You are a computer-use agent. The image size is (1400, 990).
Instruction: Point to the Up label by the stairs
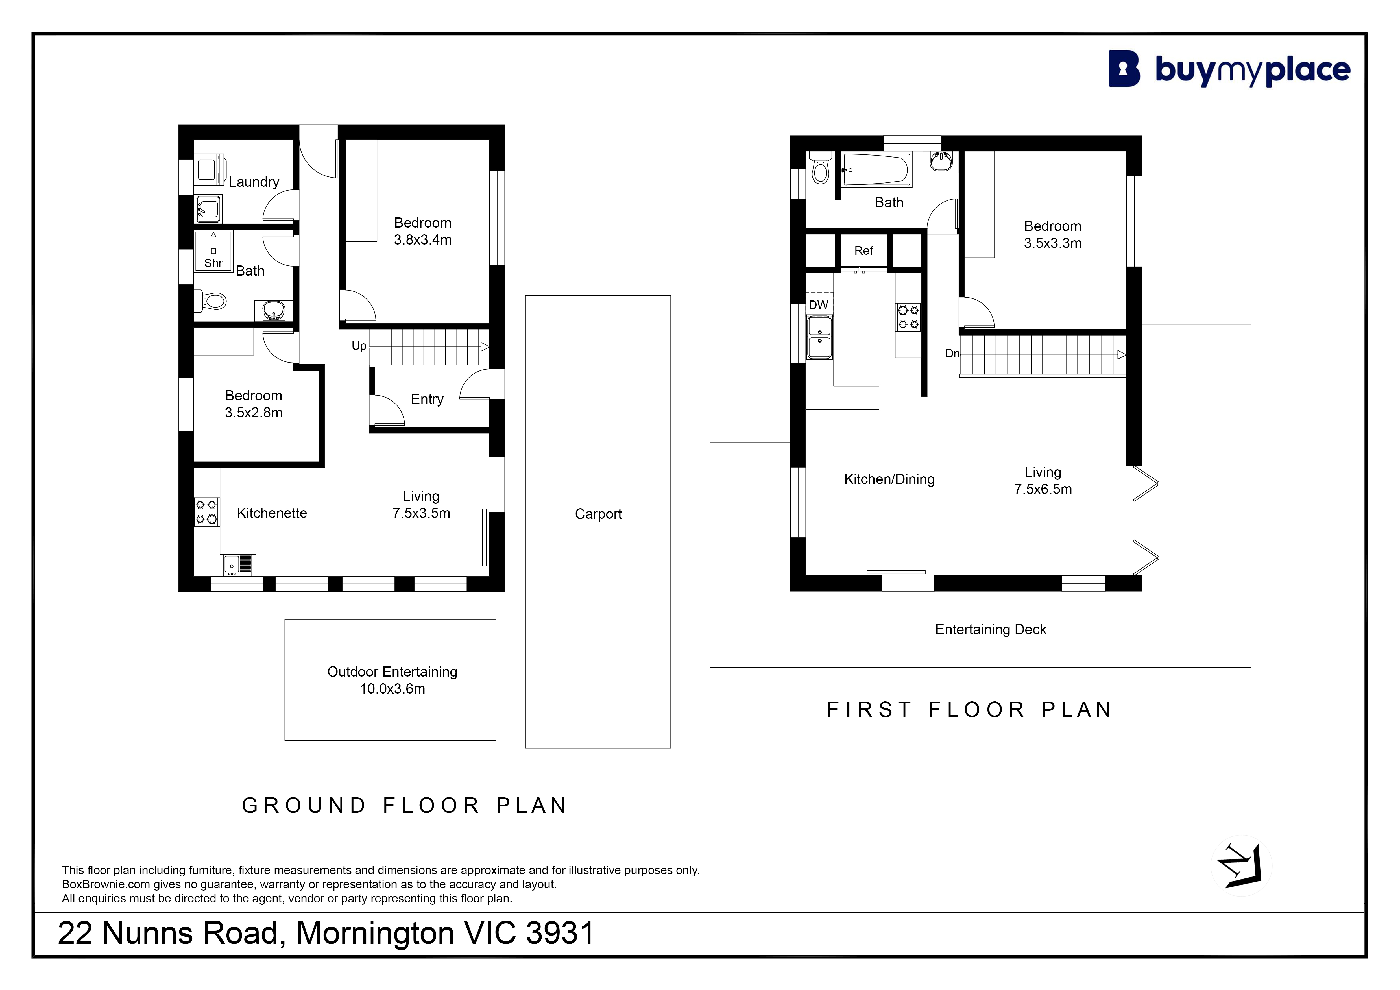tap(359, 346)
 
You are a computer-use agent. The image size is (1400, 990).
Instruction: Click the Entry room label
tap(427, 399)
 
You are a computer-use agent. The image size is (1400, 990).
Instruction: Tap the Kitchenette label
tap(272, 513)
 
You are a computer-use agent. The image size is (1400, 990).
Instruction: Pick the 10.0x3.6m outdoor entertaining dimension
tap(392, 689)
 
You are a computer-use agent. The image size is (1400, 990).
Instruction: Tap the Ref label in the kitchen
tap(863, 250)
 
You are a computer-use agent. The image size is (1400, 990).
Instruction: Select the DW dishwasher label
tap(818, 305)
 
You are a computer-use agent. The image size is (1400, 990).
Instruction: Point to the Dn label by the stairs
tap(952, 354)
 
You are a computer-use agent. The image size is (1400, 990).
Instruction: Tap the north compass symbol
tap(1241, 866)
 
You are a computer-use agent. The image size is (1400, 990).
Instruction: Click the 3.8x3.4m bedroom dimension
tap(422, 240)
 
